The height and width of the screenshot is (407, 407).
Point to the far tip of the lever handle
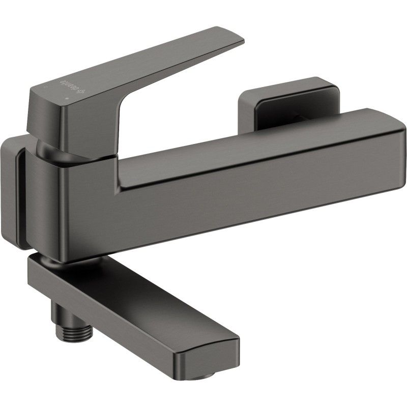click(239, 37)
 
